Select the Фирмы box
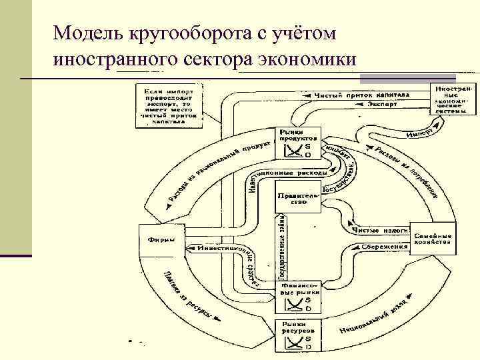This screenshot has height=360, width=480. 161,241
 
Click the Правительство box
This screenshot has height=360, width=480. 298,197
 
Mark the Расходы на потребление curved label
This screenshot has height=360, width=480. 407,170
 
